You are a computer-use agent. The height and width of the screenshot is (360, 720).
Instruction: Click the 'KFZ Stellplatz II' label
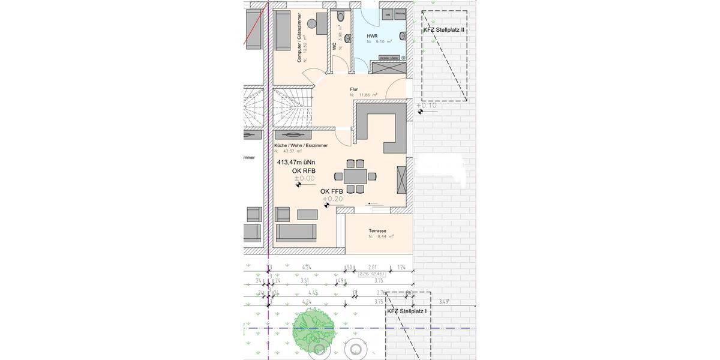pos(444,29)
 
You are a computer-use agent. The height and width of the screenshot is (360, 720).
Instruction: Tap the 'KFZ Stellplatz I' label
pos(407,311)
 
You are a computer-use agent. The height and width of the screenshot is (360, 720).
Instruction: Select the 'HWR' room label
pos(372,36)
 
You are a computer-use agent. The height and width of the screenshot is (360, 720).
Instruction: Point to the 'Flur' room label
pos(354,89)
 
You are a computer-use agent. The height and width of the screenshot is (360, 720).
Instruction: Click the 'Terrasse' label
pos(377,230)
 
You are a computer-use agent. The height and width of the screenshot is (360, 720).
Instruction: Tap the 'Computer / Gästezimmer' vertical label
pos(299,38)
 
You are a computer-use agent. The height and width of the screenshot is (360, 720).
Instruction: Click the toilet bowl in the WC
pos(341,16)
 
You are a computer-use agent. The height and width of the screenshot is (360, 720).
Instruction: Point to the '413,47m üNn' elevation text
pos(296,162)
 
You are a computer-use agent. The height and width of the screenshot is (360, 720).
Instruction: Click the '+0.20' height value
pos(332,199)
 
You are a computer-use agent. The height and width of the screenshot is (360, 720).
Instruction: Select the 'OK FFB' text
pos(331,191)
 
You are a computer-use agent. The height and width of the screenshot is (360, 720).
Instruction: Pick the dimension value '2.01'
pos(372,267)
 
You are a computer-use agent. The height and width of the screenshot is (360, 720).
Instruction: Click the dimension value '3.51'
pos(304,280)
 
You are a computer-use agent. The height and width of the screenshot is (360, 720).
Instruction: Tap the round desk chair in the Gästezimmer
pos(312,23)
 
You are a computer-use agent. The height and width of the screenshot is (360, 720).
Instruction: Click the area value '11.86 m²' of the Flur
pos(368,95)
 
